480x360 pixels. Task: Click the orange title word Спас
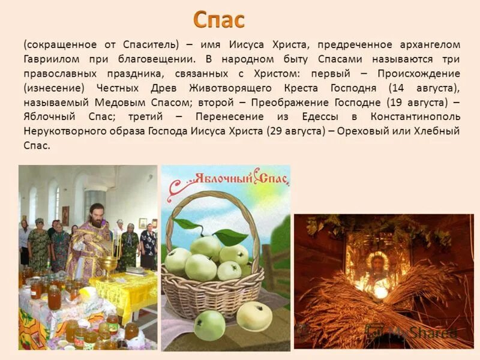pyautogui.click(x=218, y=20)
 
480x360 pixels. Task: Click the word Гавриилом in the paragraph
pyautogui.click(x=50, y=60)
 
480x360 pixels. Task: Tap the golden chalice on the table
pyautogui.click(x=109, y=265)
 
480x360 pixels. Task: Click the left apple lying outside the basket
pyautogui.click(x=209, y=325)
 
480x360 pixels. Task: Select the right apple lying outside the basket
pyautogui.click(x=254, y=316)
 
